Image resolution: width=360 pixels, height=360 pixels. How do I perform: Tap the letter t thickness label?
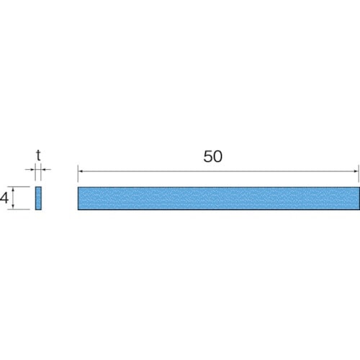(x=38, y=153)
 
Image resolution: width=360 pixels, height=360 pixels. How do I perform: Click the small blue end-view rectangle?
(x=39, y=198)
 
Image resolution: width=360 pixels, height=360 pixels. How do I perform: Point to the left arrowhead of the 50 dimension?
(x=80, y=171)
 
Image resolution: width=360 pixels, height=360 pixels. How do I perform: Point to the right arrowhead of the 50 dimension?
(x=356, y=171)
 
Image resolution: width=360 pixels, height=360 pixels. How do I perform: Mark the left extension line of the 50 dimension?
(x=78, y=176)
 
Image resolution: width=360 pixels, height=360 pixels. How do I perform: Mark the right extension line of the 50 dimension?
(x=358, y=176)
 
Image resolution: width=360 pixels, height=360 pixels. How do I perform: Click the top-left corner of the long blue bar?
(x=78, y=187)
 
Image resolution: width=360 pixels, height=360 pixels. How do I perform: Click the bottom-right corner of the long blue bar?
(x=358, y=210)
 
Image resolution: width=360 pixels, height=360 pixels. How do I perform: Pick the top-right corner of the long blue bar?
(x=358, y=187)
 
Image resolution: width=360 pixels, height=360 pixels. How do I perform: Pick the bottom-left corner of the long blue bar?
(x=78, y=210)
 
